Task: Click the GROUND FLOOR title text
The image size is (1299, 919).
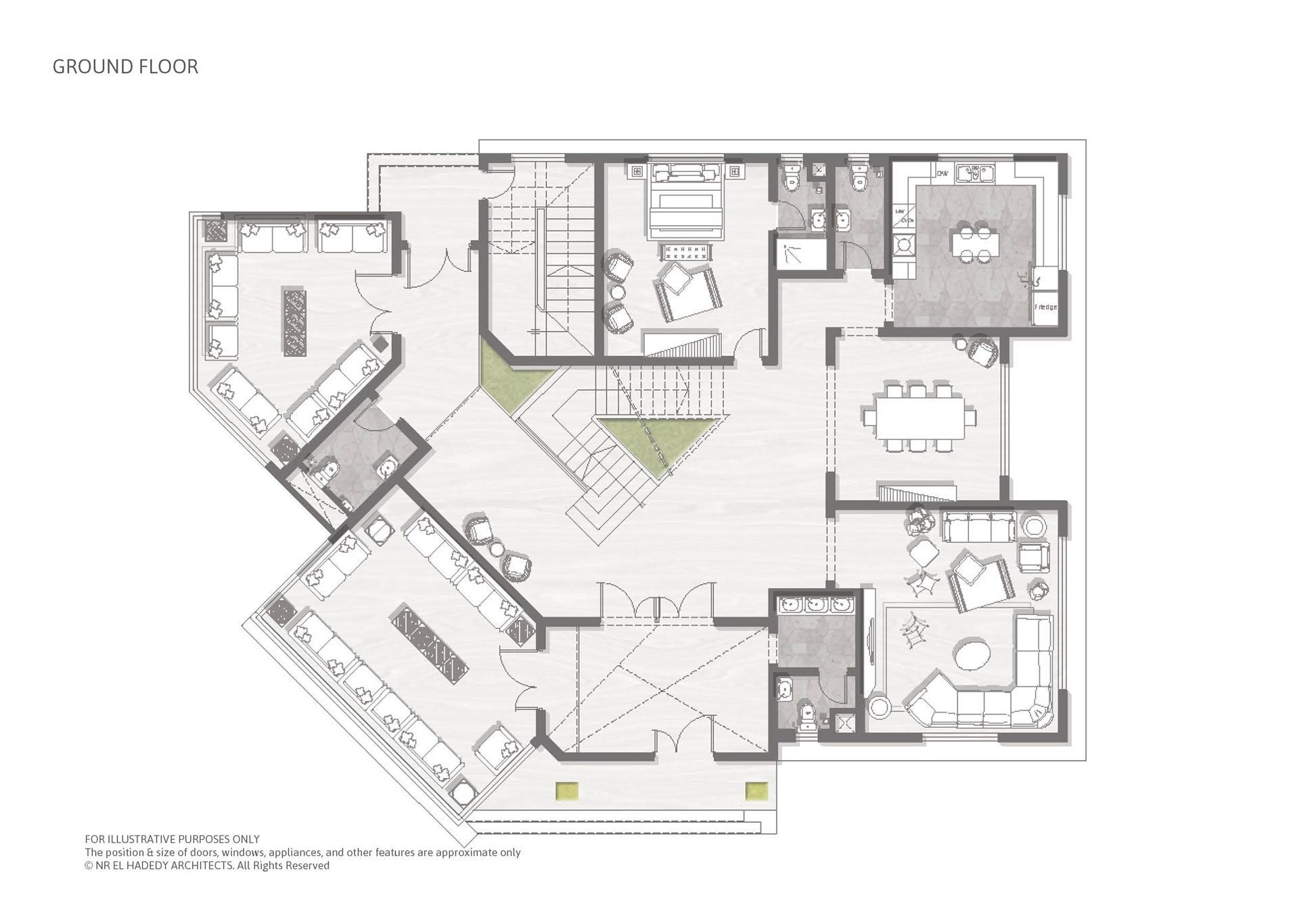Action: (125, 67)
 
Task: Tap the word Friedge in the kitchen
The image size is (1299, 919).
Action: (1045, 307)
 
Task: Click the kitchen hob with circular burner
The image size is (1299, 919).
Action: (903, 245)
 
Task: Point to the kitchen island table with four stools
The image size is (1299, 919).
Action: (974, 244)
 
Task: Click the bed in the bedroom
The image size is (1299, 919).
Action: (686, 202)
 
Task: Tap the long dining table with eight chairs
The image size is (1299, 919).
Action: (919, 418)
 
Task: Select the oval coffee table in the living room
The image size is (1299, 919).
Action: (972, 654)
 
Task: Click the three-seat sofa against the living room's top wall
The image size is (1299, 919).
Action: (978, 526)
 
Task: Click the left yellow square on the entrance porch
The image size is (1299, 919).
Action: (567, 790)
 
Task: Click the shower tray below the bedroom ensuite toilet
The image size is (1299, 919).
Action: (801, 254)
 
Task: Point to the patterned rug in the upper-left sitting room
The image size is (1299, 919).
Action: (294, 323)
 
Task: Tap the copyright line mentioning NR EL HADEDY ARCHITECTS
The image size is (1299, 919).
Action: (207, 866)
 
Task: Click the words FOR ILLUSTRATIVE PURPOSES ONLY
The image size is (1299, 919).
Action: (172, 839)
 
